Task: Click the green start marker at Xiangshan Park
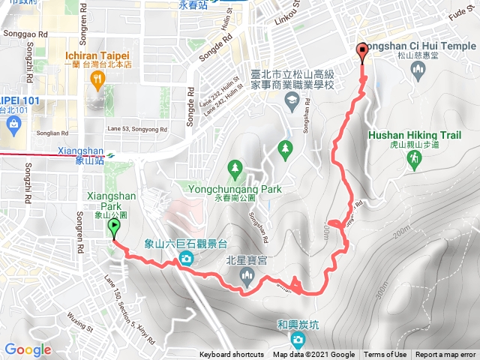point(113,228)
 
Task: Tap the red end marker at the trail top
point(363,52)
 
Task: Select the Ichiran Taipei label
point(97,55)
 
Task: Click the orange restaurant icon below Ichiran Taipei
point(97,81)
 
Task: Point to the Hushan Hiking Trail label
point(415,135)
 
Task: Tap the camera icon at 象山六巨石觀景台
point(185,260)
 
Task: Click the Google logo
point(28,349)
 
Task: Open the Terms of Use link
point(385,355)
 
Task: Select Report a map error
point(446,355)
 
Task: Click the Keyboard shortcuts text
point(232,355)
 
